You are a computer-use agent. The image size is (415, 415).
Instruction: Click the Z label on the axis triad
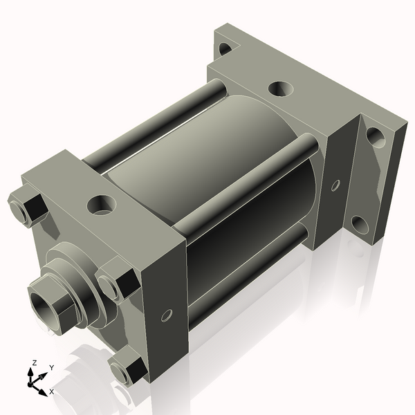[x=35, y=362]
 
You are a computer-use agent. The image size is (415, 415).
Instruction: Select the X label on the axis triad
[x=51, y=391]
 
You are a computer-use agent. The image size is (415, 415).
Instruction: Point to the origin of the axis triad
[x=33, y=381]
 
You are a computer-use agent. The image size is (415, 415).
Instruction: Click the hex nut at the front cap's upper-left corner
[x=26, y=209]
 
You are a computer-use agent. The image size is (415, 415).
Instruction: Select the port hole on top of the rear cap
[x=279, y=89]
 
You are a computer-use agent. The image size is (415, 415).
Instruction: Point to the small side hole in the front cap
[x=166, y=315]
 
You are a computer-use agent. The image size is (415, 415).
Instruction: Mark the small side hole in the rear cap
[x=335, y=185]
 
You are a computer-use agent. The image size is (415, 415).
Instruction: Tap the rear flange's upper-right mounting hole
[x=375, y=136]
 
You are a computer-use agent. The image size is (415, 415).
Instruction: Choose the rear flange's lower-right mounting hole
[x=358, y=224]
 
